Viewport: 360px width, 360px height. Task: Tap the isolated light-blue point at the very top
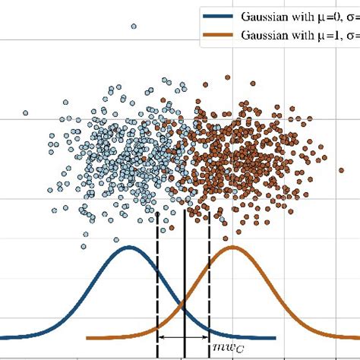click(134, 27)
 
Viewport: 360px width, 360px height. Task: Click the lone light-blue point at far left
click(25, 113)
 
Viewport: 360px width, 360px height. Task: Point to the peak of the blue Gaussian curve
click(130, 248)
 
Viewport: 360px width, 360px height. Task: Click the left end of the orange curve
click(90, 338)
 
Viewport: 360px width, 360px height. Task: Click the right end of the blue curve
click(273, 338)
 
